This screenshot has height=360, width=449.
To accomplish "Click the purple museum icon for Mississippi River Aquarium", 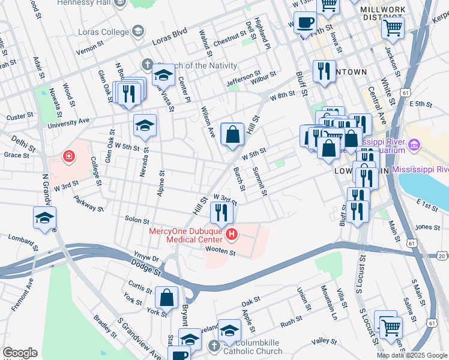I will click(x=414, y=145).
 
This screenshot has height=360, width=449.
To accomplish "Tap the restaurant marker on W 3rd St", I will click(x=221, y=212).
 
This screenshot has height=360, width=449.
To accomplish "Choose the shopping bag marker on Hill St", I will click(x=232, y=134).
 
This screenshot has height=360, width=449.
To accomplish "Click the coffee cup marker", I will click(x=306, y=23).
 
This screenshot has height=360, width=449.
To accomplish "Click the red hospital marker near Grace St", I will click(x=70, y=157).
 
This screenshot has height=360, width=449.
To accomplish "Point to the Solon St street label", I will click(x=136, y=220).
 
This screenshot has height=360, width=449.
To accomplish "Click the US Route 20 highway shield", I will click(x=441, y=256).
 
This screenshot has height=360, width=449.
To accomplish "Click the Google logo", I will click(x=20, y=352).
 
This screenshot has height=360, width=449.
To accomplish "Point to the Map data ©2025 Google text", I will click(x=411, y=355).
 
